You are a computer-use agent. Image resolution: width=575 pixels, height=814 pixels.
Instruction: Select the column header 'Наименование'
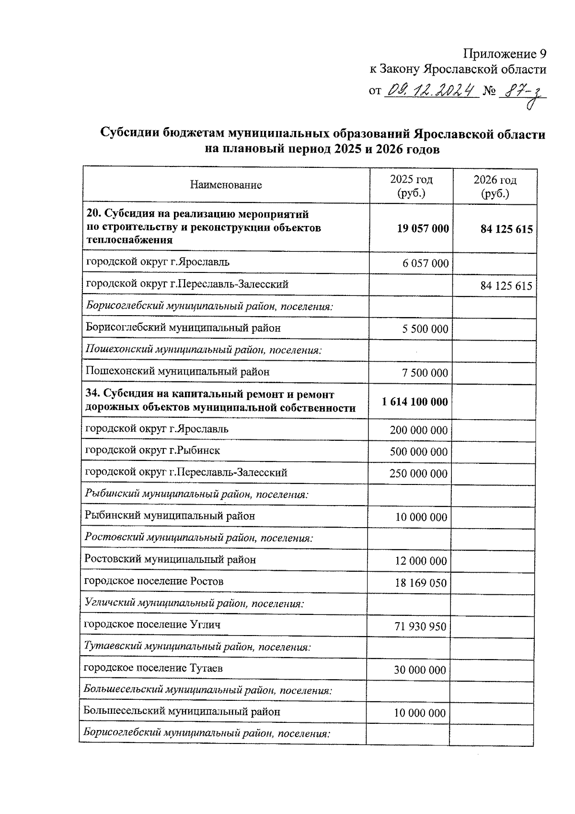pos(226,185)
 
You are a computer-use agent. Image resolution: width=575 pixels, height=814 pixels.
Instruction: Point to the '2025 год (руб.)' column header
pos(411,186)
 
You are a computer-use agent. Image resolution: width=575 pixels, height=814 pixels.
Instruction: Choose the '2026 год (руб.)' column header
pos(495,186)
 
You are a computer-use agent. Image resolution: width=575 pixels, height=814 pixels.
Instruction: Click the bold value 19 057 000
pos(423,228)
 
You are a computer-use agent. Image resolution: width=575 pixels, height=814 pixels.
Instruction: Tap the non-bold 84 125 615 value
pos(506,286)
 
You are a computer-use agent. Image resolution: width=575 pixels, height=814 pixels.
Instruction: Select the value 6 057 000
pos(425,263)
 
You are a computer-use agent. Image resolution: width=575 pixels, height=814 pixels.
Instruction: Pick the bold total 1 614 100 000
pos(415,401)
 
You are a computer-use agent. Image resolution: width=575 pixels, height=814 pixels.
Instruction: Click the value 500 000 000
pos(418,452)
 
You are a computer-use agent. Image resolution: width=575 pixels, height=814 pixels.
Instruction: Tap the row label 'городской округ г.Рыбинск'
pos(152,450)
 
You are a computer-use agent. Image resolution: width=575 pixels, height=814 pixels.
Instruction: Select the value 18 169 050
pos(420,583)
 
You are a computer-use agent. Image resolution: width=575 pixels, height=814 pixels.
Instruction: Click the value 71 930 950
pos(420,626)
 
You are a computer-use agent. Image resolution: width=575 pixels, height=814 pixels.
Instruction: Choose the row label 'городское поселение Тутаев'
pos(153,668)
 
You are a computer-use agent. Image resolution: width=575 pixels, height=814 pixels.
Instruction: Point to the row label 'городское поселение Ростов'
pos(154,581)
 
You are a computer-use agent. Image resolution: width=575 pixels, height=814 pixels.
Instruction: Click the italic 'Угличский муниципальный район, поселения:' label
pos(194,603)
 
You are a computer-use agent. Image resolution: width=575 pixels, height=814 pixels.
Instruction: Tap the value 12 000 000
pos(420,561)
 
